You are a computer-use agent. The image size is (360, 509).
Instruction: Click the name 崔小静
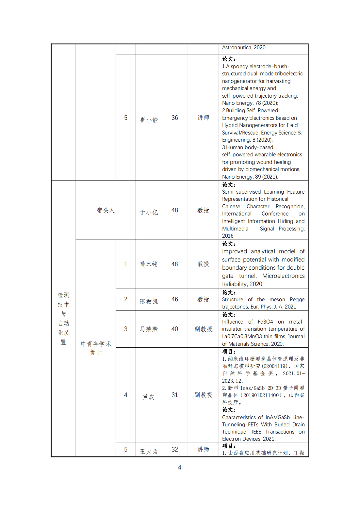coord(149,120)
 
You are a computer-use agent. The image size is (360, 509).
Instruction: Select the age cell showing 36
coord(175,118)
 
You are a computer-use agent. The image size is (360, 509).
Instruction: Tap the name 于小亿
coord(149,212)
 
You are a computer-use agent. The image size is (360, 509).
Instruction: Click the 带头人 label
coord(106,211)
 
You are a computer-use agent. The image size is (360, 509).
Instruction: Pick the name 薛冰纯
coord(149,264)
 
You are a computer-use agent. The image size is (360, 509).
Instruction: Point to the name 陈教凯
coord(149,301)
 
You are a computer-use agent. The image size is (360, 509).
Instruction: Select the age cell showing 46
coord(175,299)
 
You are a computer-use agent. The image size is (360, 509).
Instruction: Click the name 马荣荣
coord(149,329)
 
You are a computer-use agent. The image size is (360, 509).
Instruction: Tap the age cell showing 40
coord(175,329)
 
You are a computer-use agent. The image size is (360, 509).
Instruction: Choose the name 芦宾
coord(149,397)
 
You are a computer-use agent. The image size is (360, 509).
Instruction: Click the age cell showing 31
coord(175,395)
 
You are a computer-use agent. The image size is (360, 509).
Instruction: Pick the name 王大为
coord(149,452)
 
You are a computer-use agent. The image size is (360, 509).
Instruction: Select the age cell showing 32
coord(175,450)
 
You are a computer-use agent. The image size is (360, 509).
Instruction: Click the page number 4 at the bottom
coord(180,468)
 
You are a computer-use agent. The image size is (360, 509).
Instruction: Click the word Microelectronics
coord(283,276)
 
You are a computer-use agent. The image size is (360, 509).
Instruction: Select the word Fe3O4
coord(265,322)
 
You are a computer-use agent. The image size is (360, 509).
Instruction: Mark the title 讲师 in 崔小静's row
coord(203,118)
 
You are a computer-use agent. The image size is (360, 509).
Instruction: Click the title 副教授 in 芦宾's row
coord(203,395)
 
